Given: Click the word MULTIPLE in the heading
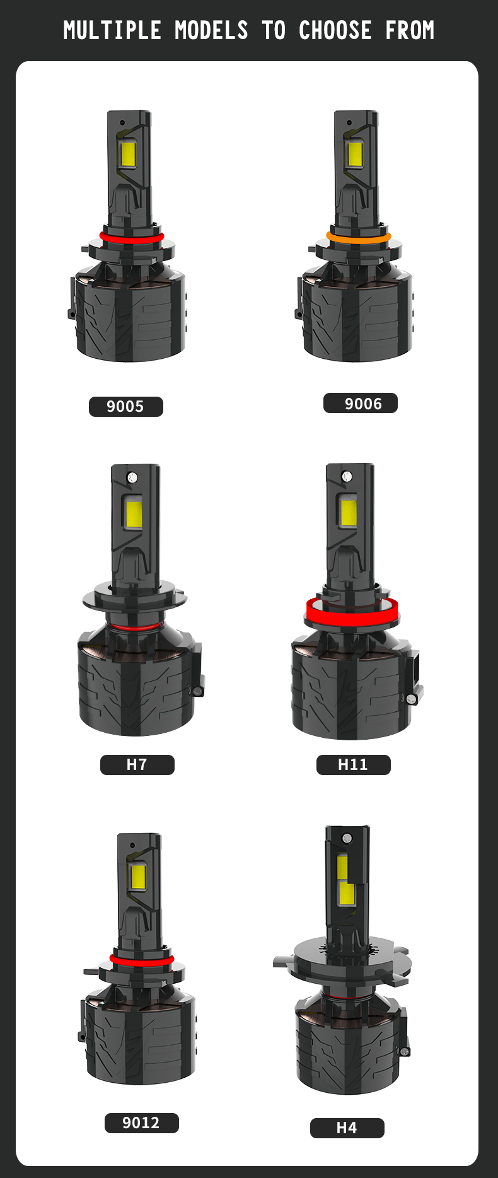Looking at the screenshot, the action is [x=112, y=30].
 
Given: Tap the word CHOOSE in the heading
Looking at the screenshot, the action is [x=335, y=30].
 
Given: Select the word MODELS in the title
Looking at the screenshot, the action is [x=211, y=30].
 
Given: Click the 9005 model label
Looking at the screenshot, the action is [x=125, y=407].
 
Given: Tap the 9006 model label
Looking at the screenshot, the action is [x=361, y=404].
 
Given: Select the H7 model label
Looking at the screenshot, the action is [x=137, y=765].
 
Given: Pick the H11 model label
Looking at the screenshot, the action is [x=353, y=765].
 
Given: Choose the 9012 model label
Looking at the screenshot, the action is [x=141, y=1123].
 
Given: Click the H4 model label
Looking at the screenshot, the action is [x=347, y=1128].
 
